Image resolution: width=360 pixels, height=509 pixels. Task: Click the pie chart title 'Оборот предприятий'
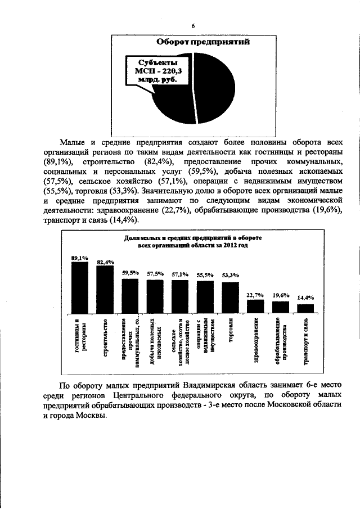(x=202, y=42)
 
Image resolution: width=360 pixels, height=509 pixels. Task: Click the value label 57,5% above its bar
(x=155, y=274)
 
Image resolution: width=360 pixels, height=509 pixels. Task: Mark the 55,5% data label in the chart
(x=205, y=275)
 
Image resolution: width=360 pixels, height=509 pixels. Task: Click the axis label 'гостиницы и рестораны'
(x=80, y=337)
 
